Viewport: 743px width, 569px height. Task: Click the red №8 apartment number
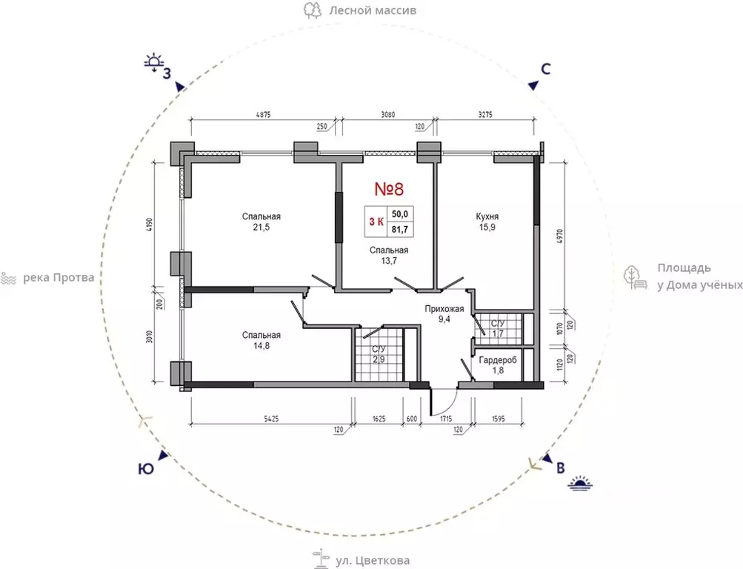pyautogui.click(x=389, y=189)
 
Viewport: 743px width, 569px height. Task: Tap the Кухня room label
pyautogui.click(x=487, y=216)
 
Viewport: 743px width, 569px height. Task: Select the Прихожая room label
pyautogui.click(x=444, y=309)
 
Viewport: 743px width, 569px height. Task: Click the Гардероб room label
pyautogui.click(x=498, y=360)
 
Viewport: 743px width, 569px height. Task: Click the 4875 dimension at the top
pyautogui.click(x=263, y=115)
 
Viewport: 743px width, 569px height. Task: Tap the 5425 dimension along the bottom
pyautogui.click(x=271, y=419)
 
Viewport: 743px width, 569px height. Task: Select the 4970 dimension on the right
pyautogui.click(x=560, y=236)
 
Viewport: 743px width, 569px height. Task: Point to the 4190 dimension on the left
pyautogui.click(x=149, y=225)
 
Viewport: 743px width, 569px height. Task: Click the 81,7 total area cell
pyautogui.click(x=400, y=230)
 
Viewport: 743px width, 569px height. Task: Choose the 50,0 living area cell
pyautogui.click(x=400, y=214)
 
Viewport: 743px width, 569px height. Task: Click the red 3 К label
pyautogui.click(x=376, y=222)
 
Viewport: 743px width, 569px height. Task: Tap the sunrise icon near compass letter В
pyautogui.click(x=581, y=482)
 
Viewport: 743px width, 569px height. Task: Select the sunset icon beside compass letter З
pyautogui.click(x=154, y=63)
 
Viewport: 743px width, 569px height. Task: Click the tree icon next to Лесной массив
pyautogui.click(x=313, y=10)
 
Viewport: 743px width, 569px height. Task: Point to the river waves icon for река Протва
pyautogui.click(x=8, y=278)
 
